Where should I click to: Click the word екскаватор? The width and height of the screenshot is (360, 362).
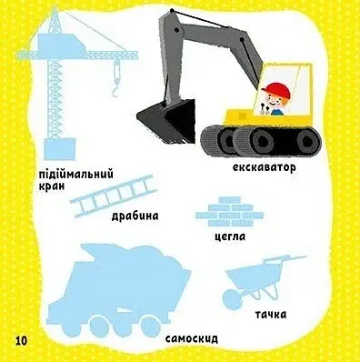point(264,167)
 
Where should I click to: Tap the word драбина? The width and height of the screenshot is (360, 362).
point(135,216)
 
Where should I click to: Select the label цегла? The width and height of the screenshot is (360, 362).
point(229,236)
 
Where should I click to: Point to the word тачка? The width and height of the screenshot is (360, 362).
point(270,315)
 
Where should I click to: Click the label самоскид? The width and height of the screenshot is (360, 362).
point(192,338)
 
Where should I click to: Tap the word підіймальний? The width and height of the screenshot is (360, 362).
point(76,175)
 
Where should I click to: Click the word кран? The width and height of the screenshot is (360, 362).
point(52,186)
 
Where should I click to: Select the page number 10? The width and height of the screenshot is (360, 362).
point(21,340)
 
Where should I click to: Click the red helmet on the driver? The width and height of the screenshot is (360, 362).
point(276,90)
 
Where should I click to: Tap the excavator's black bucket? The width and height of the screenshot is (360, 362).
point(166,120)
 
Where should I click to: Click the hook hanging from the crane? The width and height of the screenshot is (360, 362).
point(116,78)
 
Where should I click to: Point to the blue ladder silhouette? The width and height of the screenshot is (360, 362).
point(114,196)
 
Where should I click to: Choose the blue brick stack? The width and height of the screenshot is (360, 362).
point(229,212)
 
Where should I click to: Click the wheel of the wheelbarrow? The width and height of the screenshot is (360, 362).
point(231,300)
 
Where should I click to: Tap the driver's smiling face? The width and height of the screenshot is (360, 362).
point(275,102)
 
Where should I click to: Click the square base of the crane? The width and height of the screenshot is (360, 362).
point(59,149)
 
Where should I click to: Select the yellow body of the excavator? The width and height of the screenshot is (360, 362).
point(267,116)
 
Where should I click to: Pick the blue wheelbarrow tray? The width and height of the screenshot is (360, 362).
point(248,277)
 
